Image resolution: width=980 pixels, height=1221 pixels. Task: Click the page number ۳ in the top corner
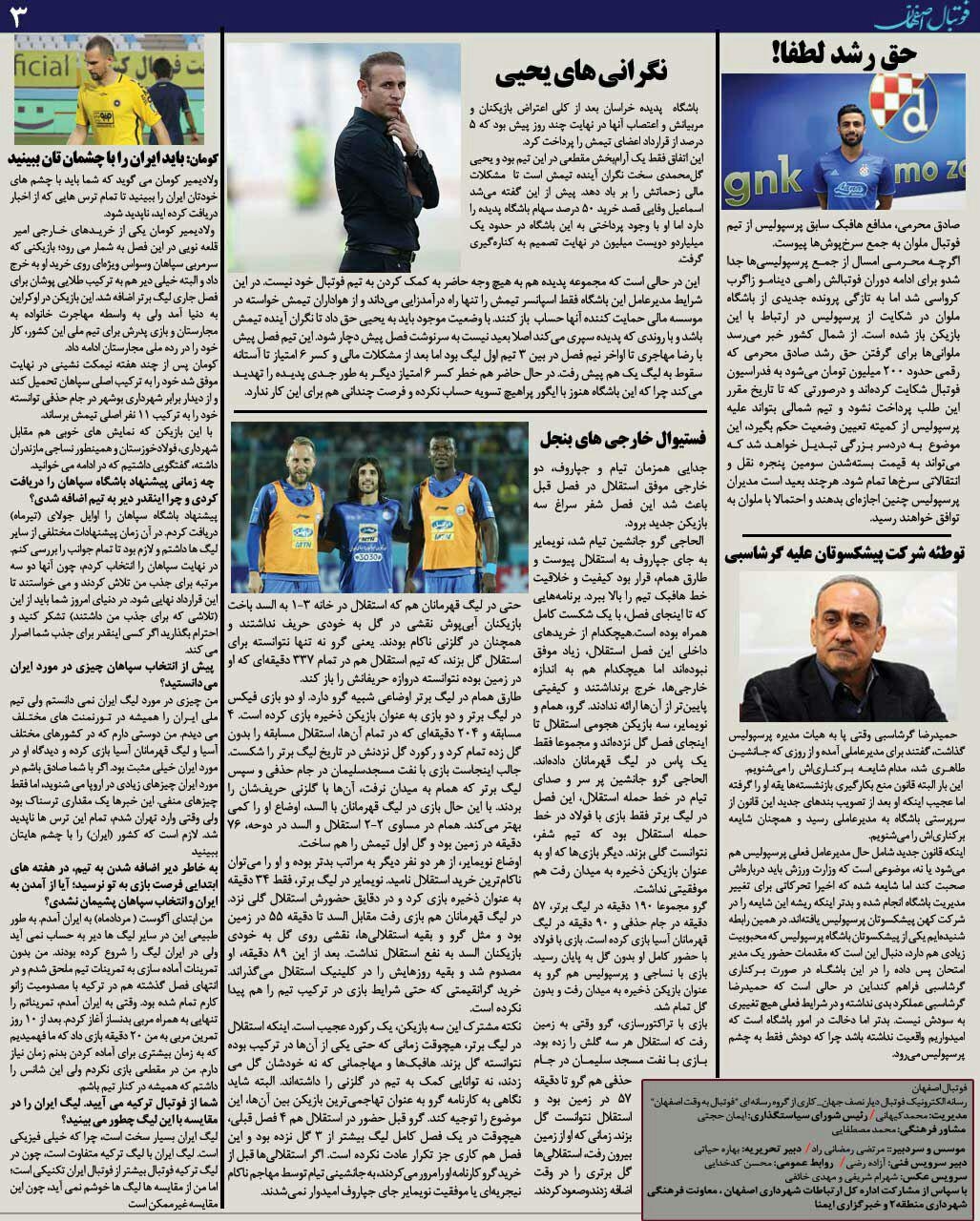[x=20, y=14]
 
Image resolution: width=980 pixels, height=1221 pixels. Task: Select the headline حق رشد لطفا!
[x=844, y=54]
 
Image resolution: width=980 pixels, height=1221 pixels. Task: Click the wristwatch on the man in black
[x=413, y=151]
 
